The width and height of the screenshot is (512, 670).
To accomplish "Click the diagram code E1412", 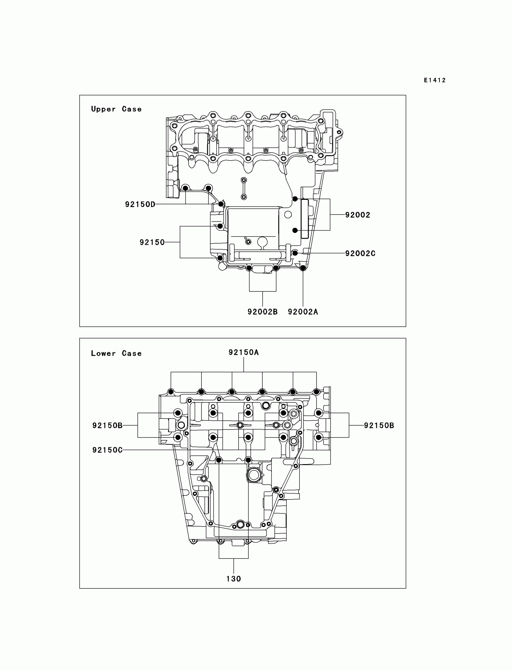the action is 435,80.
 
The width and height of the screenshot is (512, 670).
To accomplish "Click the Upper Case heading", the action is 117,109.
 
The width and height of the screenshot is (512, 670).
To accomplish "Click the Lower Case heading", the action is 117,353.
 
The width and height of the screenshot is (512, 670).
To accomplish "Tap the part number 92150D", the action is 140,204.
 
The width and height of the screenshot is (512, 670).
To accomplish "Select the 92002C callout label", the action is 360,253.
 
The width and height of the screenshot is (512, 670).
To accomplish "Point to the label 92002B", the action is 262,312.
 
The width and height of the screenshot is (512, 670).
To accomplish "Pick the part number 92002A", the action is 303,312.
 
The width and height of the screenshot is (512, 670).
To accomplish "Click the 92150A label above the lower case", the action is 244,352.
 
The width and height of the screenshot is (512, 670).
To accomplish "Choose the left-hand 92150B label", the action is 107,426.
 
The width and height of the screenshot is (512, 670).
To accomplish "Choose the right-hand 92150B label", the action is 379,426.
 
